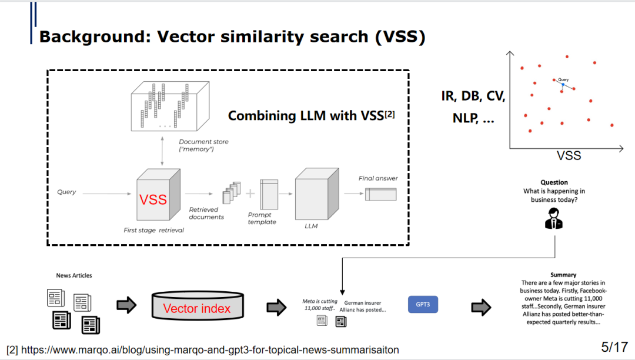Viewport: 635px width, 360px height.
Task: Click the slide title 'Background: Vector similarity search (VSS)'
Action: coord(232,36)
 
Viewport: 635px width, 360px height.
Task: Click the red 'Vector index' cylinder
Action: coord(196,308)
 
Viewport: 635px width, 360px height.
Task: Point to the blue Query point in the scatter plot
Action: coord(563,85)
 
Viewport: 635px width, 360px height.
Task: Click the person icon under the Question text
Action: coord(553,219)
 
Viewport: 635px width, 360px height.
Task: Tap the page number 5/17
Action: coord(614,346)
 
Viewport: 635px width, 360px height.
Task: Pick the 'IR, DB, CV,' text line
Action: coord(473,96)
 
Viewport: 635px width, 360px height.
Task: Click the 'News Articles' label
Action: coord(74,275)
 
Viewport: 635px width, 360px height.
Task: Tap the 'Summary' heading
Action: coord(563,275)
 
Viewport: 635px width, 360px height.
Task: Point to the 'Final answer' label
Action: coord(378,178)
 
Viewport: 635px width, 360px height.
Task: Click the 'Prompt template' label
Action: coord(262,218)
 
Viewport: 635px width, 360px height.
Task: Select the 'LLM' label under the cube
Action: coord(311,226)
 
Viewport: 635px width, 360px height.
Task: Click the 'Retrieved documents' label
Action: coord(206,213)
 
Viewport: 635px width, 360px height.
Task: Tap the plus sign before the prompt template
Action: coord(250,194)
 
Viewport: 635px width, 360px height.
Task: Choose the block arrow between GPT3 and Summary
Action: coord(481,306)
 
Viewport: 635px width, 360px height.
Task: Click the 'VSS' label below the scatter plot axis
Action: coord(569,155)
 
